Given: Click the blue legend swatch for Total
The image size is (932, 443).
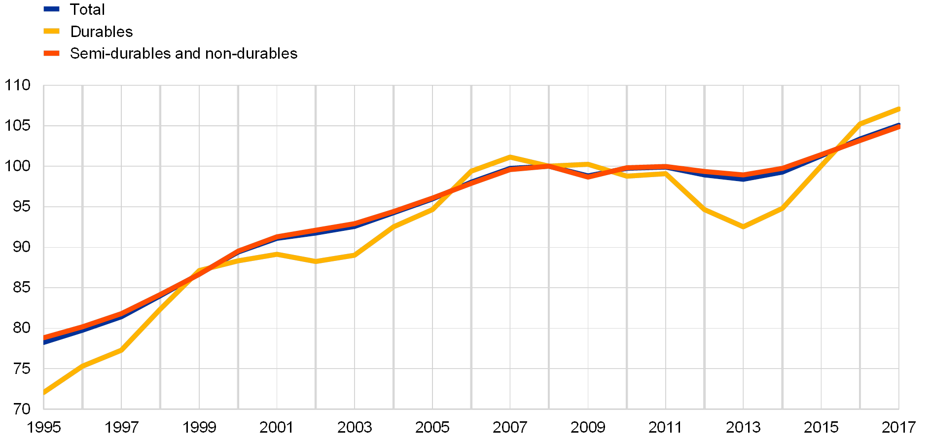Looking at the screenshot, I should coord(52,9).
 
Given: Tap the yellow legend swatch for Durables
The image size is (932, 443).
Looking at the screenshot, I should coord(52,31).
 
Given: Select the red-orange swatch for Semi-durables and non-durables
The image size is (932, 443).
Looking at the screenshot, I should coord(52,53).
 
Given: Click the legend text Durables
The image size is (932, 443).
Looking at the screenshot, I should coord(103,32).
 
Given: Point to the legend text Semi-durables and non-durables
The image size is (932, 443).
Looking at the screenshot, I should coord(184,53).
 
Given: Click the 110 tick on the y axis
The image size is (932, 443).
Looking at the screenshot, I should coord(18,85).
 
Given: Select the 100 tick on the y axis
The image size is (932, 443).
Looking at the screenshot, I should coord(18,166).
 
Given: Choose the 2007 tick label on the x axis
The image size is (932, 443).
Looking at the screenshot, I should coord(510,427).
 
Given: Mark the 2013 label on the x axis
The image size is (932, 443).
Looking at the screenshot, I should coord(743,427).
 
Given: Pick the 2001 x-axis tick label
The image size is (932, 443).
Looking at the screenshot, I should coord(277,427).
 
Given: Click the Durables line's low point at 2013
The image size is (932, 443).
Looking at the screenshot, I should coord(743,227).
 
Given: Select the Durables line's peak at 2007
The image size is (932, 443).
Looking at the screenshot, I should coord(510,157).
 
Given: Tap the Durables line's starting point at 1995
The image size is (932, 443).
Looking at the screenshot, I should coord(44,393).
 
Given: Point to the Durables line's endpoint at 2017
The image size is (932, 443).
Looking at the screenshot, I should coord(898,109).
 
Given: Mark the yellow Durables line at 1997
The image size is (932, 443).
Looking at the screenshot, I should coord(121,350).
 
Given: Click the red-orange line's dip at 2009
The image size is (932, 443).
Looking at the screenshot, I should coord(588,176).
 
